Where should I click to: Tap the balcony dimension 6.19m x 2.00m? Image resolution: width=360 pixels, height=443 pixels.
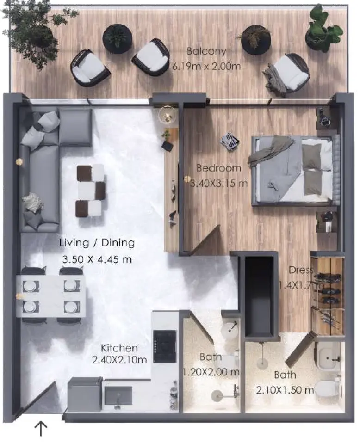pos(206,66)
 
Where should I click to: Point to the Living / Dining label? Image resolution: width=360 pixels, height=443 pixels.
pos(97,242)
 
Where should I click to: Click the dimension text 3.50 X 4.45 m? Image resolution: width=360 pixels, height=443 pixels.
pos(97,259)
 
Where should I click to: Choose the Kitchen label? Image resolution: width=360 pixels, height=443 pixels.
pos(119,348)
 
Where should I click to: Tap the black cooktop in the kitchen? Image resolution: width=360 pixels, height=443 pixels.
pos(165,346)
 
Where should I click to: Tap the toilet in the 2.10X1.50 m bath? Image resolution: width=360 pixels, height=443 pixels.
pos(330,386)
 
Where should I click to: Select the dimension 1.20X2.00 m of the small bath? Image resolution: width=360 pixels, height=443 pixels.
pos(211,372)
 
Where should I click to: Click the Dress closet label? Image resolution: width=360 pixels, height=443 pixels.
pos(301,270)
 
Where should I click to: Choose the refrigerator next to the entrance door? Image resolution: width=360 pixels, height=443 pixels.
pos(85,394)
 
